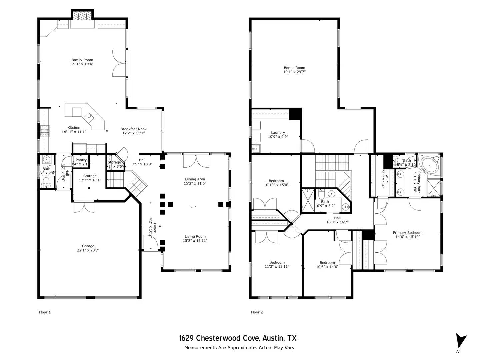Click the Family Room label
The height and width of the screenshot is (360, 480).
coord(82,60)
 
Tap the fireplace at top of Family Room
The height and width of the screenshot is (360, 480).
coord(82,16)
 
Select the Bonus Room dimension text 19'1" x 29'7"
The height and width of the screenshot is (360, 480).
coord(294,72)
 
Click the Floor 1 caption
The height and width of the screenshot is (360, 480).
coord(45,312)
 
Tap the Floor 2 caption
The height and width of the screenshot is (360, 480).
coord(257,312)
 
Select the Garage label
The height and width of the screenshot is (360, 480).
coord(88,246)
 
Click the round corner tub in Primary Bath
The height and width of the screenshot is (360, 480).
coord(429,165)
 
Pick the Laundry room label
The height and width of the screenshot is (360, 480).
coord(278,133)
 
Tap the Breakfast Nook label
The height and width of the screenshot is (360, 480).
coord(133,129)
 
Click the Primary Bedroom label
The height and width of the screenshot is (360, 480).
coord(407,233)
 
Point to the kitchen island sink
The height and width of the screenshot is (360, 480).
coord(89,116)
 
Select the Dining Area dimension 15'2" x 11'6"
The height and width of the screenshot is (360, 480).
coord(195,183)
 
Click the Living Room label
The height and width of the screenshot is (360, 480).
coord(195,236)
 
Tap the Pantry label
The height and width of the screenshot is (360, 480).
coord(81,160)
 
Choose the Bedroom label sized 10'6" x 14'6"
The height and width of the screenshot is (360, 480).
coord(327,263)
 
